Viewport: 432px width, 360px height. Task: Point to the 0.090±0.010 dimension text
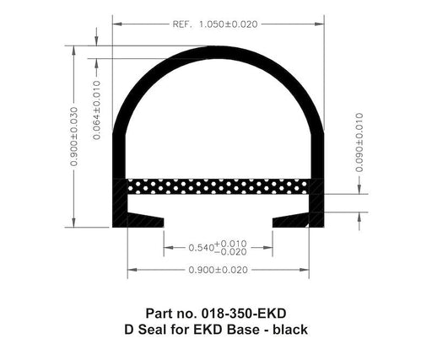pos(359,142)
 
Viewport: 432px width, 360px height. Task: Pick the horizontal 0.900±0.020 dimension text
pos(219,271)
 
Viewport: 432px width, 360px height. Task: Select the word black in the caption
pos(289,330)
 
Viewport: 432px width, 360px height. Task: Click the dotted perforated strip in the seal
pos(219,185)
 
